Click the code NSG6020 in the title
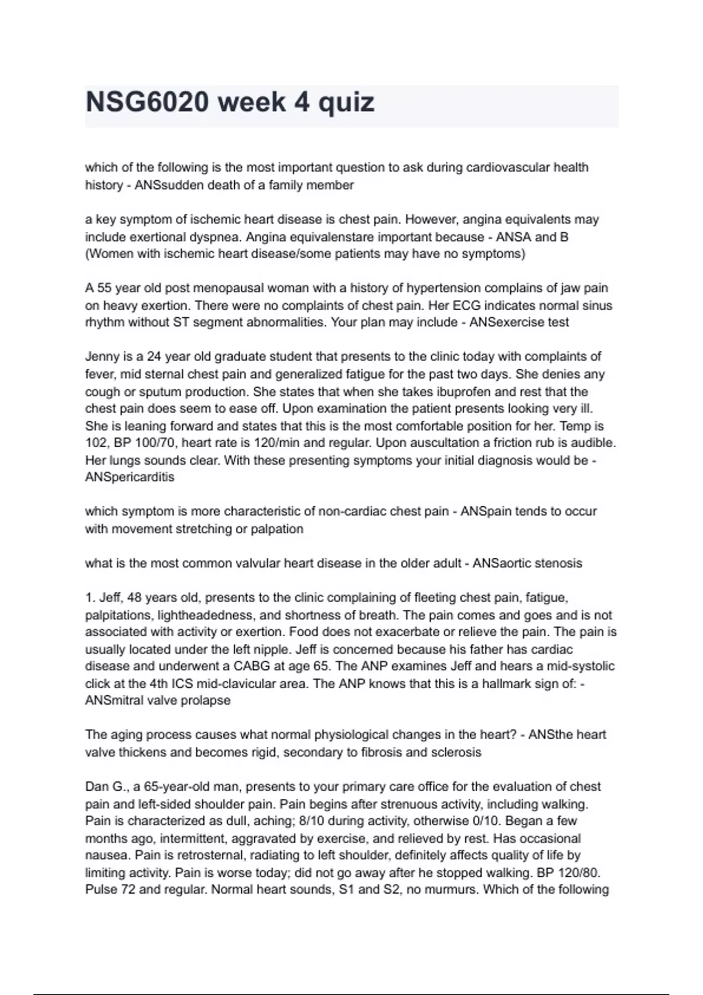[147, 102]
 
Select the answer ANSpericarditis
[129, 477]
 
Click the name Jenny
[103, 356]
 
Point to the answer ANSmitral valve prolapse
[158, 701]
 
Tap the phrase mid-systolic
[581, 666]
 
